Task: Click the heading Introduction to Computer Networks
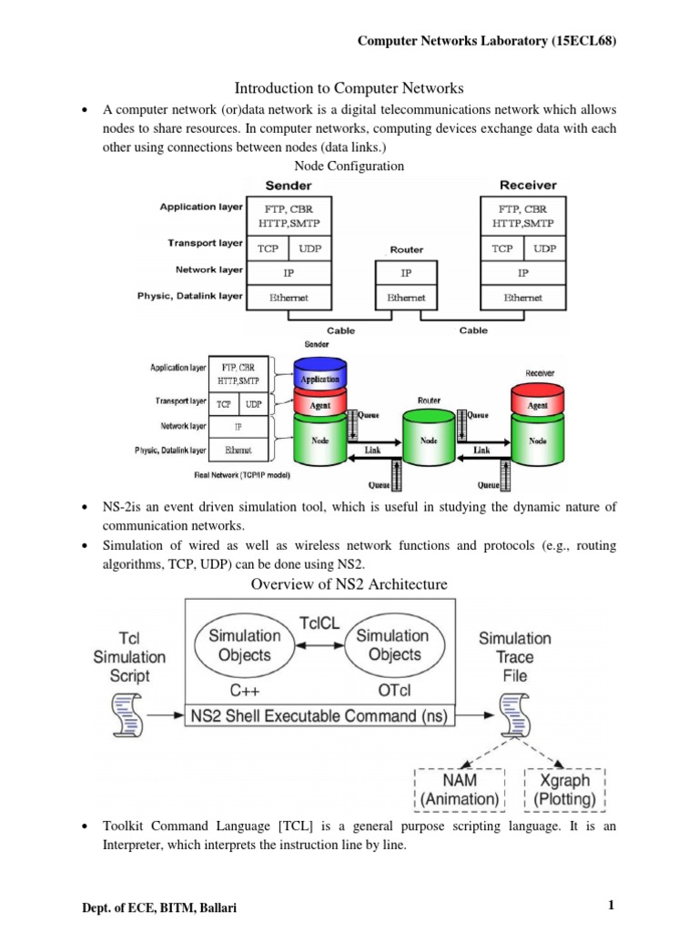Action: coord(349,88)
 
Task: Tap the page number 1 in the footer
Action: coord(613,905)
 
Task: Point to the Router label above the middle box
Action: coord(406,249)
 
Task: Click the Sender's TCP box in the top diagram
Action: coord(268,248)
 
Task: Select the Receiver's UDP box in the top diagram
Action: coord(544,248)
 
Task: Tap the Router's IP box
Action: coord(406,271)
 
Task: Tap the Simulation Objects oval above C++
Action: coord(239,644)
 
